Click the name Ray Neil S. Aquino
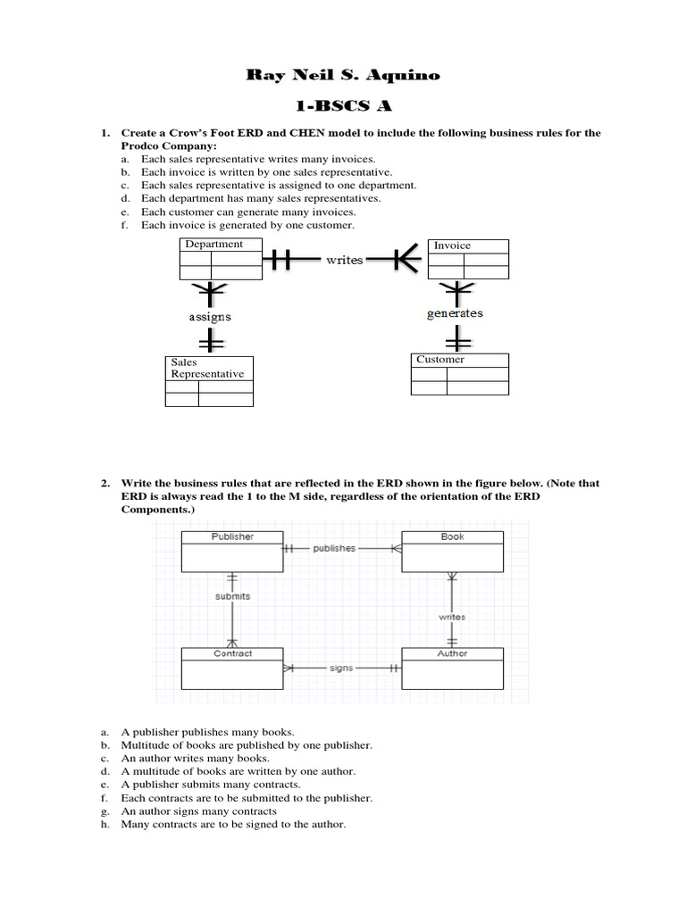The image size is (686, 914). pos(343,75)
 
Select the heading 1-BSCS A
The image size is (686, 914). pos(343,106)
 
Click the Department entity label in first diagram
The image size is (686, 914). pos(213,245)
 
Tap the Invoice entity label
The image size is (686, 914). pos(452,245)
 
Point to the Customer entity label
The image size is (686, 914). pos(440,360)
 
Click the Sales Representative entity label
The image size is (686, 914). pos(207,369)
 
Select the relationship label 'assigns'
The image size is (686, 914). pos(209,316)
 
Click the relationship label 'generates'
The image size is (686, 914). pos(456,313)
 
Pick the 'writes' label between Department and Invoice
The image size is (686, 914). pos(344,260)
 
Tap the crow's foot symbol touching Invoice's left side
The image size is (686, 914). pos(408,260)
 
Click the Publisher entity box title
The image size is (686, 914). pos(232,536)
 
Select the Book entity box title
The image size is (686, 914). pos(452,536)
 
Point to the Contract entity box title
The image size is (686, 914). pos(232,653)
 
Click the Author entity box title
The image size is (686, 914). pos(452,653)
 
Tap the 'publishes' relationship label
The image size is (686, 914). pos(334,548)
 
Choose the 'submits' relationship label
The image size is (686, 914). pos(232,595)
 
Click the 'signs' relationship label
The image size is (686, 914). pos(340,667)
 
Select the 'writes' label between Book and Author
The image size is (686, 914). pos(452,617)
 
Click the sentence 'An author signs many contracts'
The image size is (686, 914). pos(199,811)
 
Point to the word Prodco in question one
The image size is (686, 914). pos(139,145)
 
